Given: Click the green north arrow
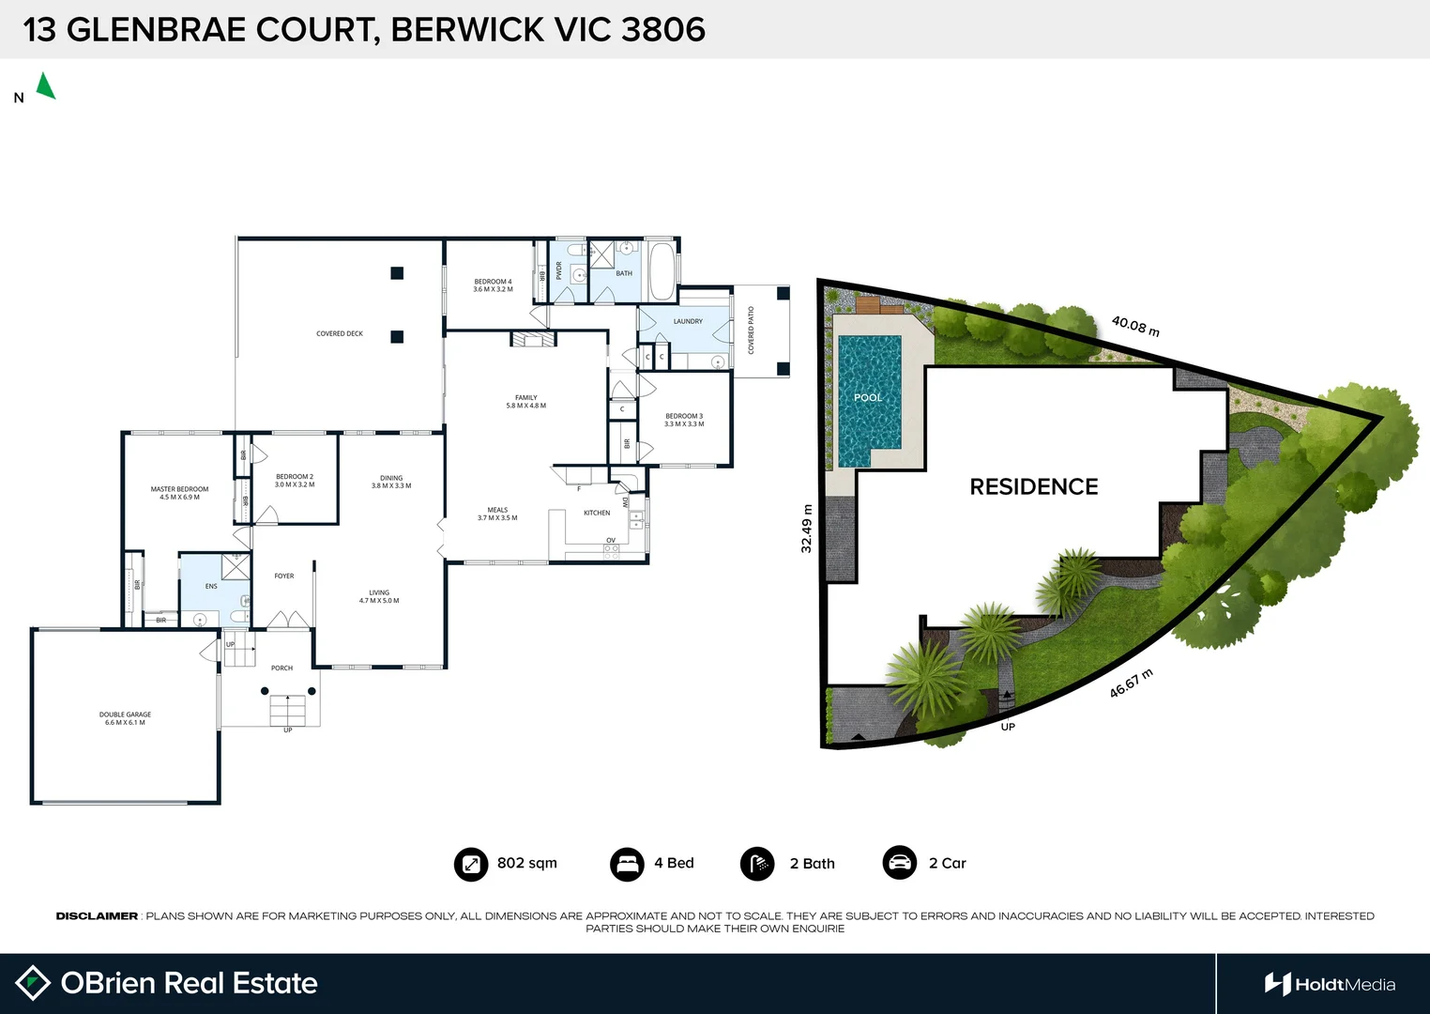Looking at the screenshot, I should tap(45, 86).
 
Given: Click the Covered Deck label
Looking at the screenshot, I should tap(340, 333).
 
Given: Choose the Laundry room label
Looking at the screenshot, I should tap(688, 321).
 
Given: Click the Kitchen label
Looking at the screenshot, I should tap(597, 513).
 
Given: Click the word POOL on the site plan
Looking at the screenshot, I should tap(868, 397).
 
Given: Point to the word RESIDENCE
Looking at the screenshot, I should tap(1033, 486).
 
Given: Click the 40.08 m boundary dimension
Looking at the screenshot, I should tap(1135, 326).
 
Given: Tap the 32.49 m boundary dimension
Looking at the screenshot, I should tap(806, 529).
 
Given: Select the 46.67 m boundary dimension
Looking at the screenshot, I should tap(1131, 684).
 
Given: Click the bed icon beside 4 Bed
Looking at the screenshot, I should tap(626, 864).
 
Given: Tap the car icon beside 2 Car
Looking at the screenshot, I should tap(899, 863).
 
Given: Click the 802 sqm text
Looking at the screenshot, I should tap(526, 863).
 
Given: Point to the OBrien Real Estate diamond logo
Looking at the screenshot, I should tap(33, 983).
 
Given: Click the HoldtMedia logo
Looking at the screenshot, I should tap(1330, 984).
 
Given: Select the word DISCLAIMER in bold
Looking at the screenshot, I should tap(97, 915).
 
